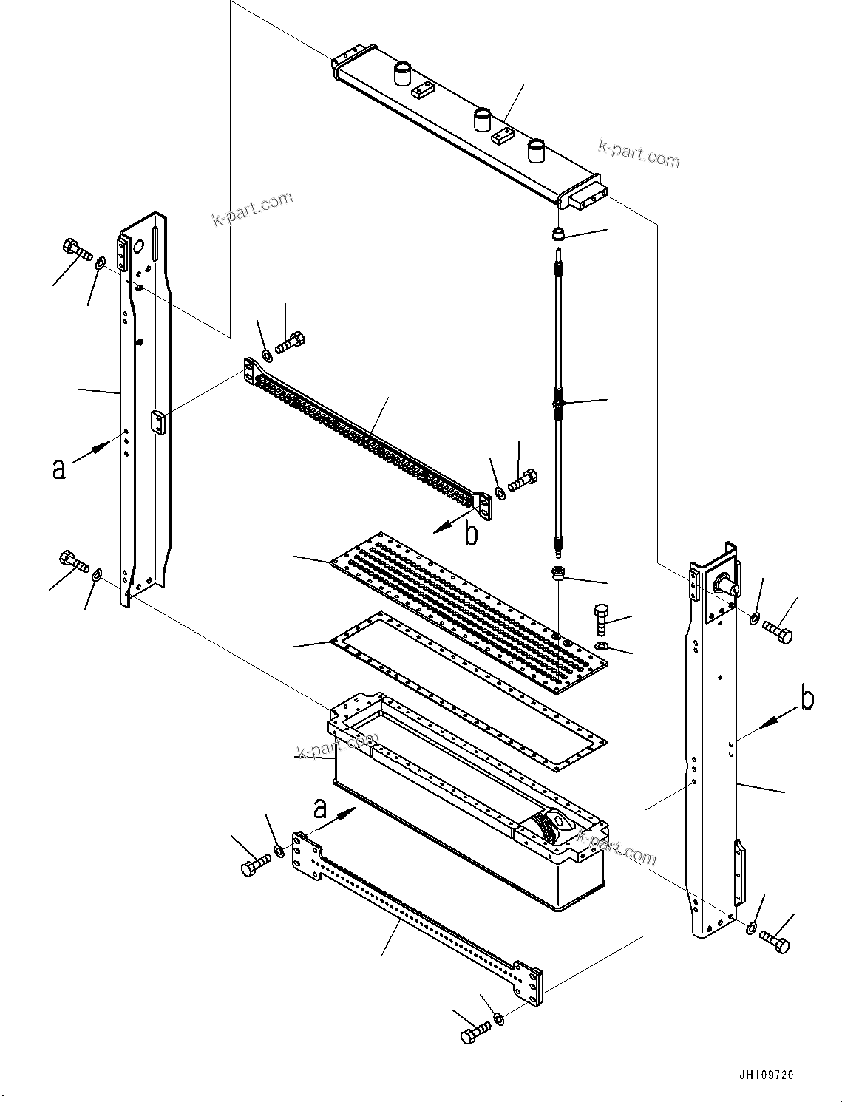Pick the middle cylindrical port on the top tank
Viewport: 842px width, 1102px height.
click(482, 119)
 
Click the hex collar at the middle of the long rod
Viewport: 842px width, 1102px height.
click(559, 404)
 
